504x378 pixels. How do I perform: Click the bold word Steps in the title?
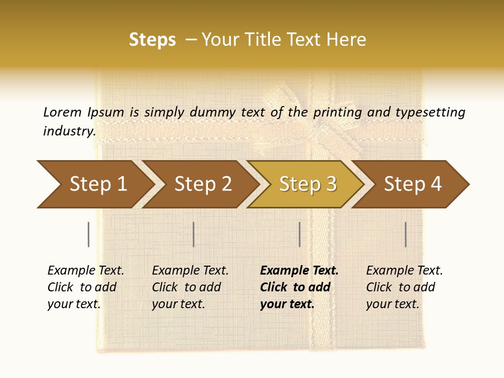coord(152,40)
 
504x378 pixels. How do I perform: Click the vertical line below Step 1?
coord(89,234)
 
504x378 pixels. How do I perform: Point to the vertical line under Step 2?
coord(194,234)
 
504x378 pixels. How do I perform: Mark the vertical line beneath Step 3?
coord(299,234)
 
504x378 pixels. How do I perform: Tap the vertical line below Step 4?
coord(405,234)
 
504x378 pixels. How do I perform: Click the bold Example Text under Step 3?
coord(299,271)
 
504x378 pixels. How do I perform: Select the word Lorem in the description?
coord(62,112)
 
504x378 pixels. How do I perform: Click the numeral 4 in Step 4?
coord(435,184)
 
